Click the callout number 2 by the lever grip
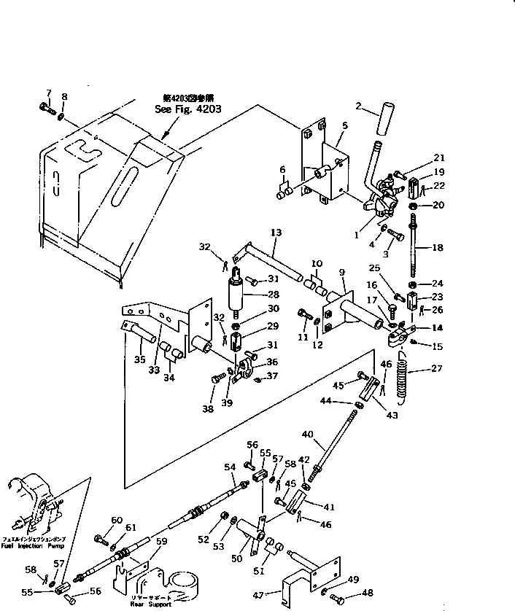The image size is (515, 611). pyautogui.click(x=358, y=106)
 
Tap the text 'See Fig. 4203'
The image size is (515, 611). pyautogui.click(x=187, y=109)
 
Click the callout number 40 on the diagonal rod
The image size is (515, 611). pyautogui.click(x=308, y=435)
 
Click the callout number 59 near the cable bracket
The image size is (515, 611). pyautogui.click(x=161, y=541)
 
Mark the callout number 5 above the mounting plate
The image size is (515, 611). pyautogui.click(x=344, y=126)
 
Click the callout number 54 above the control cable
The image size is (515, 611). pyautogui.click(x=230, y=467)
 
